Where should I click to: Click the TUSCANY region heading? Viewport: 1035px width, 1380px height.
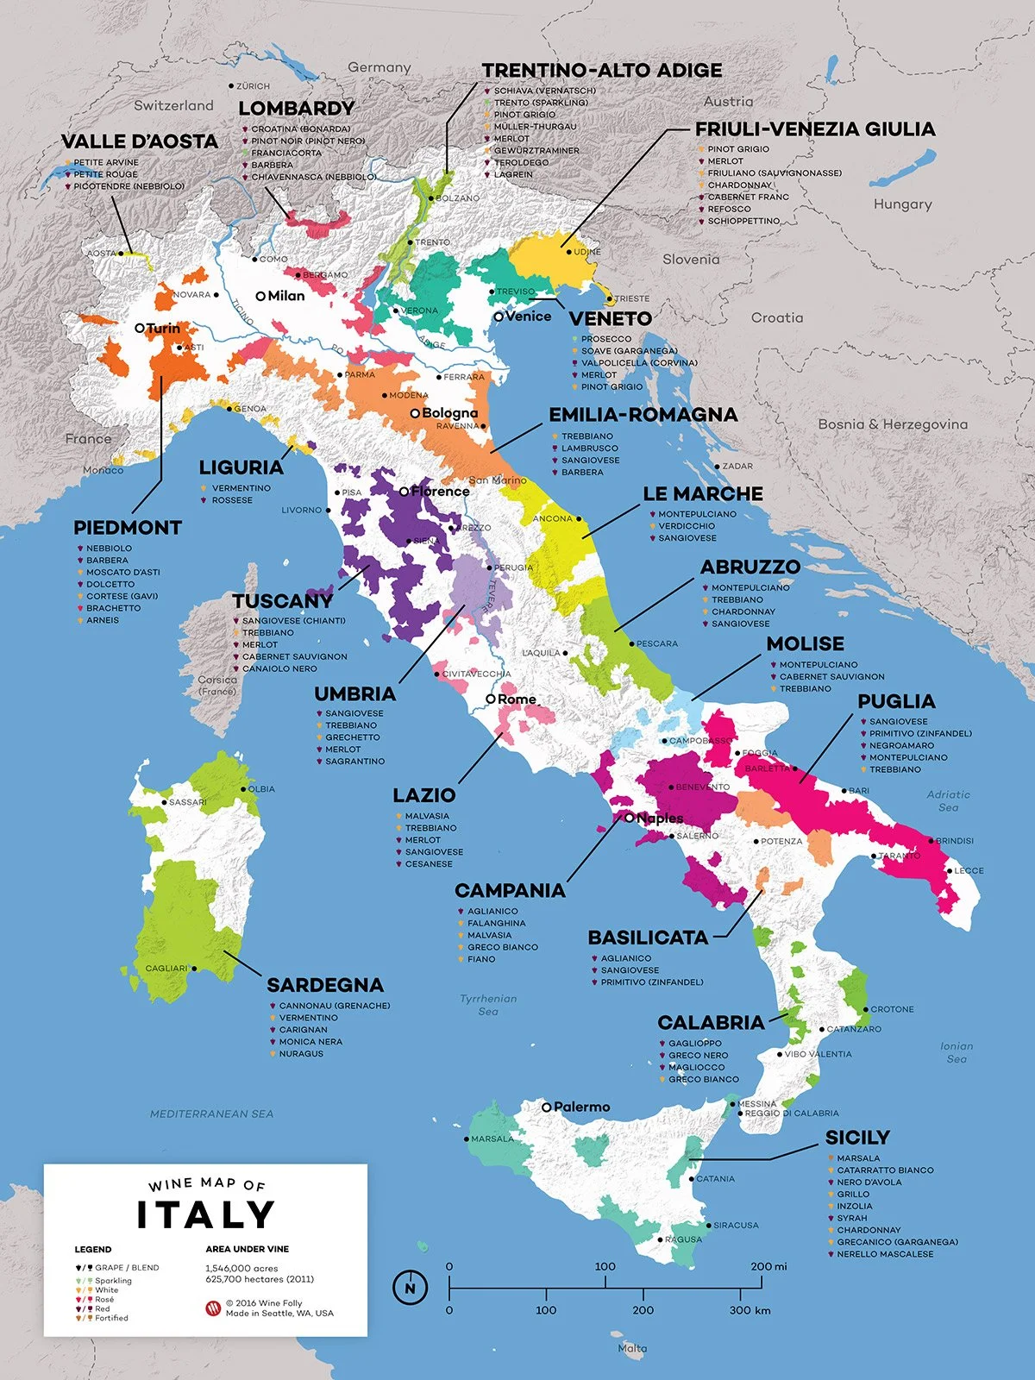coord(282,601)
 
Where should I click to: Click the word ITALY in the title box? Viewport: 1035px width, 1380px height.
coord(205,1214)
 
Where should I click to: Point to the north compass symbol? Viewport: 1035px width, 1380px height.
coord(410,1288)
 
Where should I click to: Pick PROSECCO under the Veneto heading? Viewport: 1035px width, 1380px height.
coord(605,339)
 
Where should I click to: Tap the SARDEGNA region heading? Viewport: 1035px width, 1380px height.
coord(324,985)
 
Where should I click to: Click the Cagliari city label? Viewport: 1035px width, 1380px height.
coord(166,969)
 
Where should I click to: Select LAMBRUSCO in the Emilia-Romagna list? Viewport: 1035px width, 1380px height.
coord(589,448)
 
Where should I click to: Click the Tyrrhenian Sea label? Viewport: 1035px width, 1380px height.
coord(488,1005)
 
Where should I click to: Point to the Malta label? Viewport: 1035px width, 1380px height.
coord(632,1348)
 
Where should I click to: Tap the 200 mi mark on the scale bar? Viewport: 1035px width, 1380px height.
coord(768,1266)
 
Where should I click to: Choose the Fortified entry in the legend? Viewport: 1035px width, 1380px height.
coord(111,1318)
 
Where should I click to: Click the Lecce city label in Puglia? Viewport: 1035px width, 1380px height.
coord(968,870)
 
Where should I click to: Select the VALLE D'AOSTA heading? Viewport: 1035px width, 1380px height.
coord(140,141)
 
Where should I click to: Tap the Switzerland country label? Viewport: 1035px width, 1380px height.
coord(173,105)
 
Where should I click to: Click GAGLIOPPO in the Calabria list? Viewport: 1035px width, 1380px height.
coord(694,1044)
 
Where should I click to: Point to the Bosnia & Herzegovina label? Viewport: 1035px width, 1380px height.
coord(893,424)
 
